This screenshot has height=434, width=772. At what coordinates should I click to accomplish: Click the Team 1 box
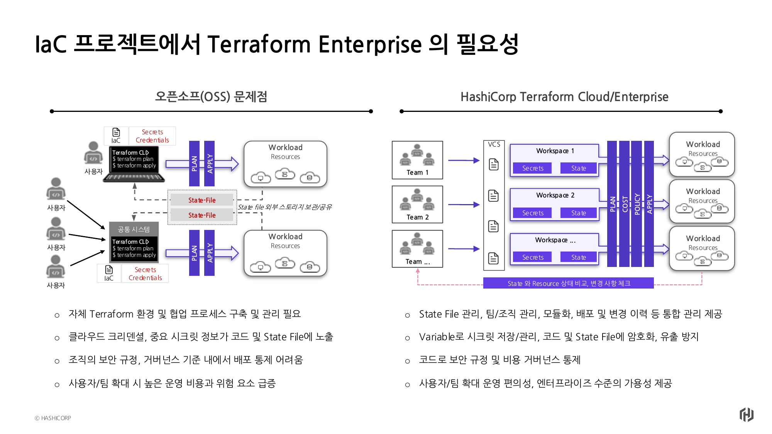[x=417, y=160]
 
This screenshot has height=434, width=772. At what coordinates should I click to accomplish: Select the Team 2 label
[x=418, y=217]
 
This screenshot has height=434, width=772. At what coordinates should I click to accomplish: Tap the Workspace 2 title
[x=555, y=195]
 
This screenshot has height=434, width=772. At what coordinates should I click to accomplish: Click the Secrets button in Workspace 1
[x=532, y=168]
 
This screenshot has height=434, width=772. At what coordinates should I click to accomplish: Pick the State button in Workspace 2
[x=578, y=213]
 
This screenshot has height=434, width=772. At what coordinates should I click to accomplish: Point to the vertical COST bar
[x=625, y=204]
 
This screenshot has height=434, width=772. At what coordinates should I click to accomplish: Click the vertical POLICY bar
[x=637, y=204]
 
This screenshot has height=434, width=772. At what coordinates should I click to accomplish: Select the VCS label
[x=494, y=144]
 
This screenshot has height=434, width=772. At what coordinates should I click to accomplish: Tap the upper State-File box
[x=202, y=200]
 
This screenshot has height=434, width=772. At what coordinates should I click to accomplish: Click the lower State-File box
[x=202, y=215]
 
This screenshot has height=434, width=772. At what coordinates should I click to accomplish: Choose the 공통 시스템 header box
[x=134, y=229]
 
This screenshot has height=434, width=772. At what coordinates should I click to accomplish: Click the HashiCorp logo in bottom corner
[x=747, y=415]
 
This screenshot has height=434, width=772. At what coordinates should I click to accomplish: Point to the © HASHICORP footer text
[x=53, y=418]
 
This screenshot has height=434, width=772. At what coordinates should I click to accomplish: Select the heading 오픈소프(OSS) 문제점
[x=211, y=96]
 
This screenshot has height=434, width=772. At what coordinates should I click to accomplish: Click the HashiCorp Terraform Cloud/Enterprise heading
[x=564, y=96]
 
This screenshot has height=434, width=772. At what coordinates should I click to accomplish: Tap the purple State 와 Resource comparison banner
[x=568, y=283]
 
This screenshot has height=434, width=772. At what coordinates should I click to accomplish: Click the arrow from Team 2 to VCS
[x=464, y=204]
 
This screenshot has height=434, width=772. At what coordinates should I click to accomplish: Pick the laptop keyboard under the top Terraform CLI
[x=134, y=177]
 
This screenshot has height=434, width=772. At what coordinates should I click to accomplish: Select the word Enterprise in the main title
[x=370, y=44]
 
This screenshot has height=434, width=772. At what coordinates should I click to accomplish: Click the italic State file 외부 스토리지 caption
[x=284, y=207]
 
